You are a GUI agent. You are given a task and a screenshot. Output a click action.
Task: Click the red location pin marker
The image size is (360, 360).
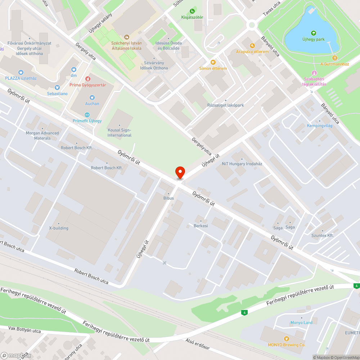coord(180,172)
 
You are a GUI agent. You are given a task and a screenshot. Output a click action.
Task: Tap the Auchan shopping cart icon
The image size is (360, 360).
coord(92,97)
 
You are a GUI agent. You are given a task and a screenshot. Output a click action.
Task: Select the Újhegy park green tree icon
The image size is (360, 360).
coord(313,33)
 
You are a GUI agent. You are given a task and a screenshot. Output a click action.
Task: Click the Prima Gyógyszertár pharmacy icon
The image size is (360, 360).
coord(87,78)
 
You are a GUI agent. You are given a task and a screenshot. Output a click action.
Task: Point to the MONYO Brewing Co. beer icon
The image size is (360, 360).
coord(286,338)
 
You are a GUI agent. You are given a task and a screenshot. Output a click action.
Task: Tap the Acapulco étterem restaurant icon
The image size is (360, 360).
coord(252,45)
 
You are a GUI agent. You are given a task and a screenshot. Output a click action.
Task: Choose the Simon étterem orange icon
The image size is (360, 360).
coord(213,62)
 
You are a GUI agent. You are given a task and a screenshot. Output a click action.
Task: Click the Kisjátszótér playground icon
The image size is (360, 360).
coord(192,11)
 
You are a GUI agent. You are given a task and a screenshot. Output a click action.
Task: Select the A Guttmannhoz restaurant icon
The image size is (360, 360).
coord(335,58)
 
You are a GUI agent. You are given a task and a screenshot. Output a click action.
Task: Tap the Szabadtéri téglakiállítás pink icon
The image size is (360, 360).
coord(315,73)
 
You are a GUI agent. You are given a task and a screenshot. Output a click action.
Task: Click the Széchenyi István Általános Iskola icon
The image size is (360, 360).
coord(126,37)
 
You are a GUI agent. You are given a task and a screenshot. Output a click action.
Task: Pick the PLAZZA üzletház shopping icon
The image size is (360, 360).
coord(20,72)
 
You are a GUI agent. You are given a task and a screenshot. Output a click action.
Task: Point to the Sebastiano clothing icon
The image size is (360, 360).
coord(57,87)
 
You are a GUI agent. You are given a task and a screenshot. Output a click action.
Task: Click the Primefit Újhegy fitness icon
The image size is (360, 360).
coord(87,114)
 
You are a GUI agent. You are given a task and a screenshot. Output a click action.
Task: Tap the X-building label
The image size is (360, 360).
coord(59,228)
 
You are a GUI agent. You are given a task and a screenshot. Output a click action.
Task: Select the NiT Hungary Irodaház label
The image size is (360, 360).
coord(242,164)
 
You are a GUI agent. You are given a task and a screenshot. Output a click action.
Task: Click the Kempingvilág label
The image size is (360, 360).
coord(319,126)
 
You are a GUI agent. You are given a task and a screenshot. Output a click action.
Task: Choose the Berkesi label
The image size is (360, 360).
coord(201,226)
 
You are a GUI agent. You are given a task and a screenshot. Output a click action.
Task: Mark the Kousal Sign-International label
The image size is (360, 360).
coord(120,132)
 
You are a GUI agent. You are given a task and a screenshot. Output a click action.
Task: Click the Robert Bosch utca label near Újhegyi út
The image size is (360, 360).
coord(91,276)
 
